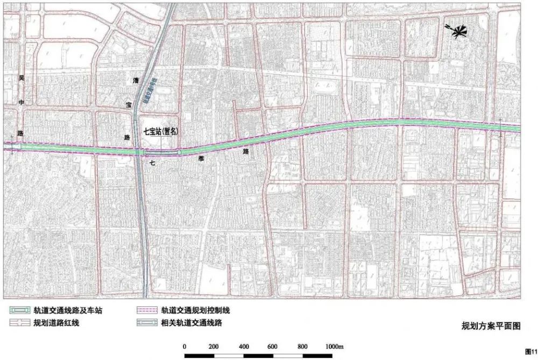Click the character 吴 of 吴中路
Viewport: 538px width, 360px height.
coord(22,79)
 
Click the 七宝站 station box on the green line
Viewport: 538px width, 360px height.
coord(162,152)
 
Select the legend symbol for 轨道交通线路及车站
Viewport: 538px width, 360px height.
coord(20,310)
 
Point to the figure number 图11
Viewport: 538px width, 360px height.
coord(529,351)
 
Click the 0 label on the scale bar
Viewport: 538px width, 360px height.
coord(185,346)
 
